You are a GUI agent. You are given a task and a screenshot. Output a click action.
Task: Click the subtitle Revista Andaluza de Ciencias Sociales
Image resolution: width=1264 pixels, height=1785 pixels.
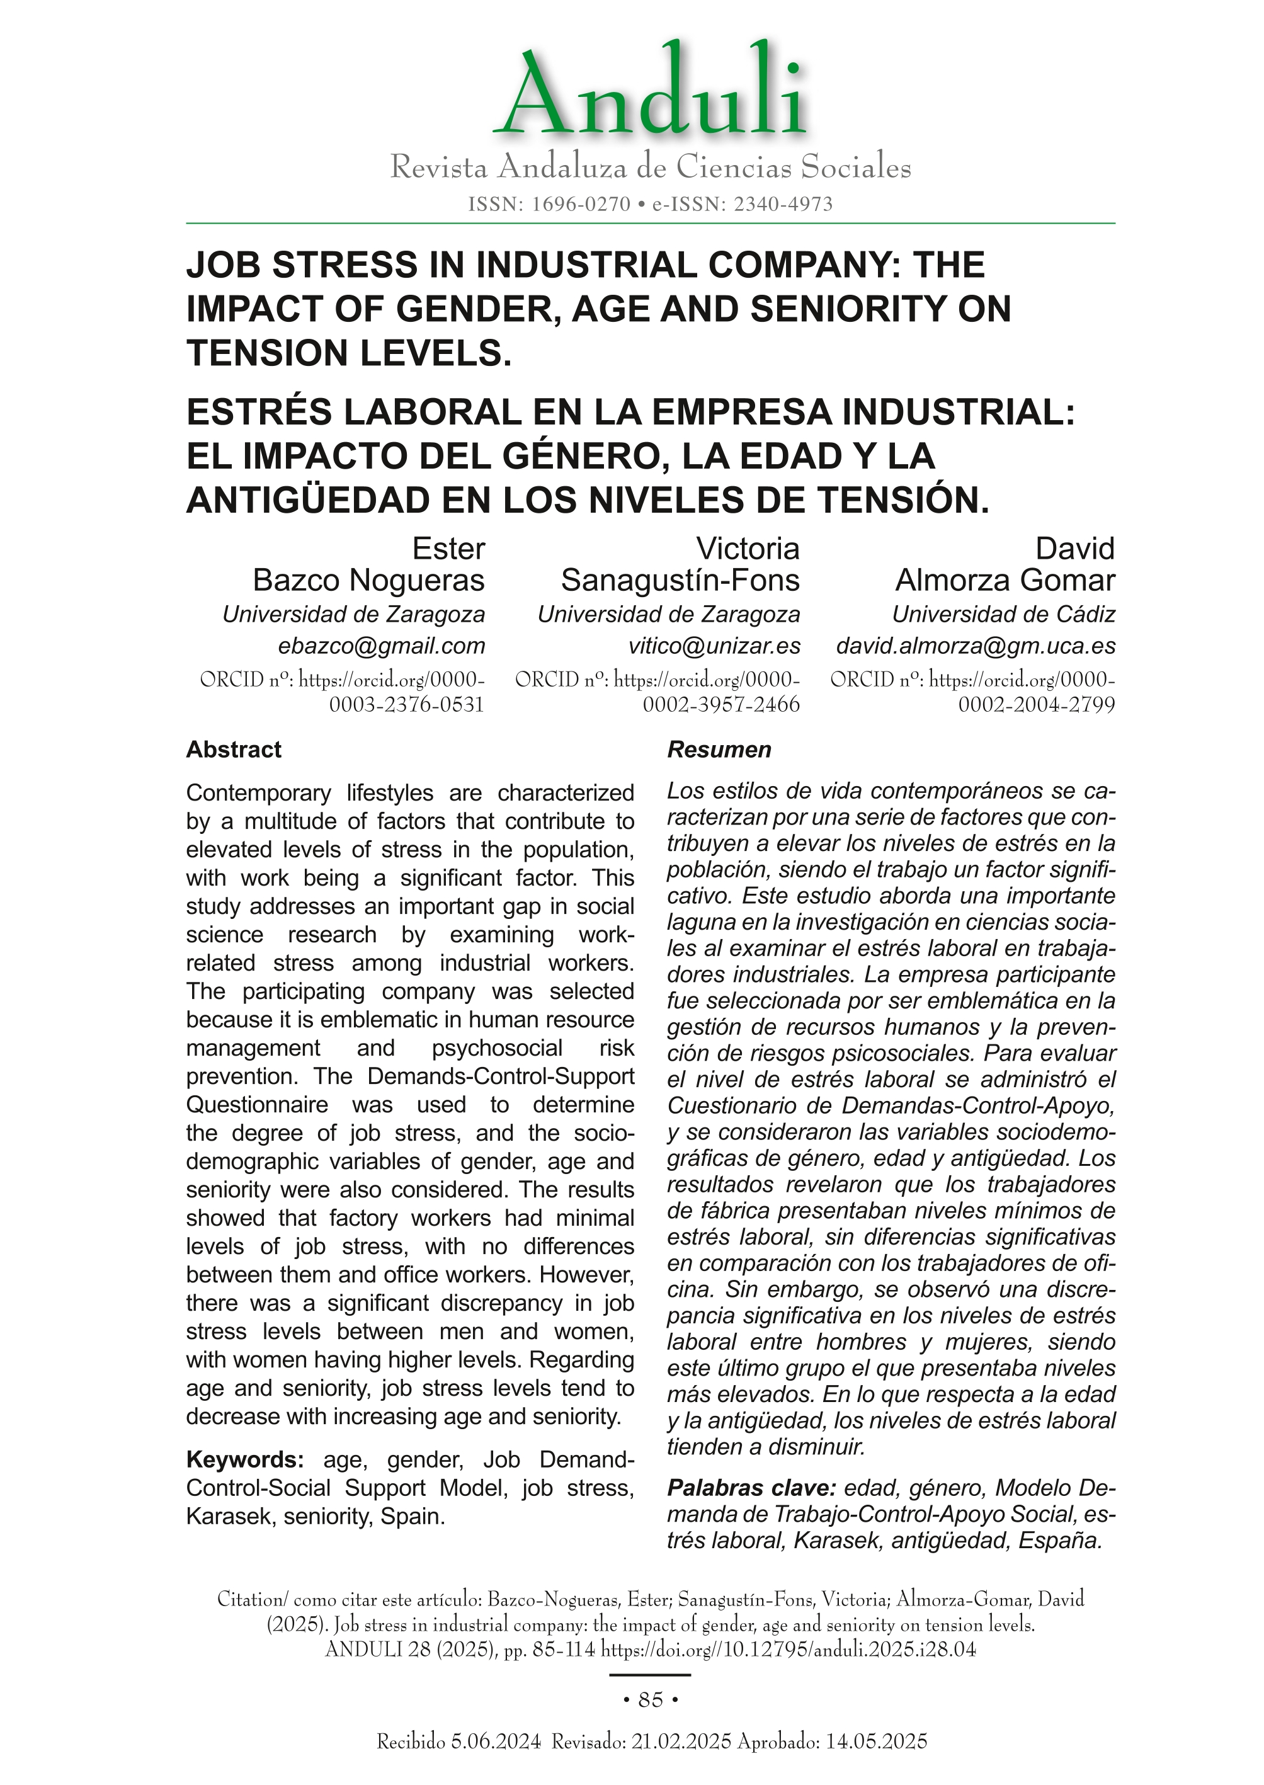click(650, 168)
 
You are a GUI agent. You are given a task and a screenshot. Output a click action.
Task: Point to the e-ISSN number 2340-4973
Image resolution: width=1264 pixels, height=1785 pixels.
click(783, 205)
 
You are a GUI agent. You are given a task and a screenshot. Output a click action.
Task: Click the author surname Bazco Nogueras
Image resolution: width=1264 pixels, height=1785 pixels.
click(369, 580)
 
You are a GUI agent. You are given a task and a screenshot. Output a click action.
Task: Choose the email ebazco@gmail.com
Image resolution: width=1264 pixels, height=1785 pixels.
click(382, 646)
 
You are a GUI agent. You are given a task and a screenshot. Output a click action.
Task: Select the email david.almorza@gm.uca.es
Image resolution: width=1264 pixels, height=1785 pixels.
click(976, 646)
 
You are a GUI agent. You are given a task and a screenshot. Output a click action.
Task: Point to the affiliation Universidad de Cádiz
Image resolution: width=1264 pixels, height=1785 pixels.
click(1003, 614)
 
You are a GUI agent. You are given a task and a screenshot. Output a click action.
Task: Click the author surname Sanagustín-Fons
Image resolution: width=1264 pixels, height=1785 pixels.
click(680, 580)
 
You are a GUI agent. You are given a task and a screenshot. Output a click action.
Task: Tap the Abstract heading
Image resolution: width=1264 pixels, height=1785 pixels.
click(234, 750)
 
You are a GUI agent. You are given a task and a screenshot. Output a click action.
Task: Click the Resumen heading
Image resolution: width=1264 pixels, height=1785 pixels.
click(719, 750)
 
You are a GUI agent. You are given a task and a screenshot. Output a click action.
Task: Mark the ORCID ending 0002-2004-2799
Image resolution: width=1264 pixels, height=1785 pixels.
click(1037, 705)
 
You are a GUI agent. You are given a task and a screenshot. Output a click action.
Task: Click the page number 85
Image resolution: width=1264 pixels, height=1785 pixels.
click(650, 1699)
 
